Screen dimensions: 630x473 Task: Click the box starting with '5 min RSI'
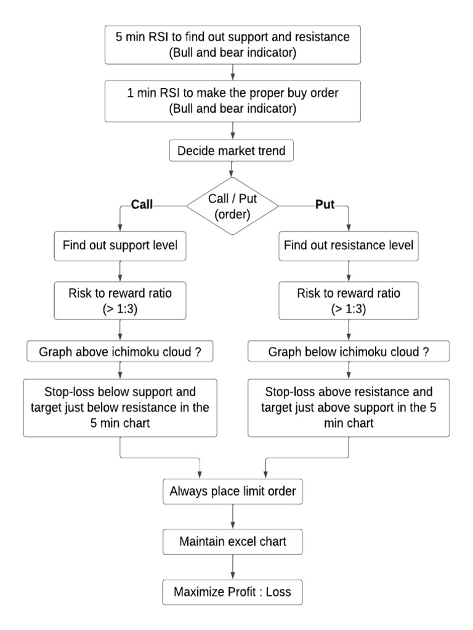point(233,44)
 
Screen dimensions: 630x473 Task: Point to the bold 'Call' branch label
point(142,205)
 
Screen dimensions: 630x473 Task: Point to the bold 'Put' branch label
point(324,205)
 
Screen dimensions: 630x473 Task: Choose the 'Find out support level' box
point(119,245)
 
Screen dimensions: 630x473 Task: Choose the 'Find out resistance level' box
point(349,245)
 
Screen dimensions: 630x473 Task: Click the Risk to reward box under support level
point(119,300)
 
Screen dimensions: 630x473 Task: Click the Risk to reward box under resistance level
point(349,300)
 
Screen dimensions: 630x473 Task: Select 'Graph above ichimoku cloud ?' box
point(119,352)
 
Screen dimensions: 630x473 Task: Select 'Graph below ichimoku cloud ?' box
point(349,352)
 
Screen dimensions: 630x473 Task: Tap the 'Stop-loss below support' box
point(119,407)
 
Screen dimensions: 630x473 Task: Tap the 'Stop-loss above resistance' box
point(349,407)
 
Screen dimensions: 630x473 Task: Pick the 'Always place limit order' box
point(233,491)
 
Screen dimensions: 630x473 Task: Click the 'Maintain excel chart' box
point(233,542)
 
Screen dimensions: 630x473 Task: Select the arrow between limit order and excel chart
point(233,517)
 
